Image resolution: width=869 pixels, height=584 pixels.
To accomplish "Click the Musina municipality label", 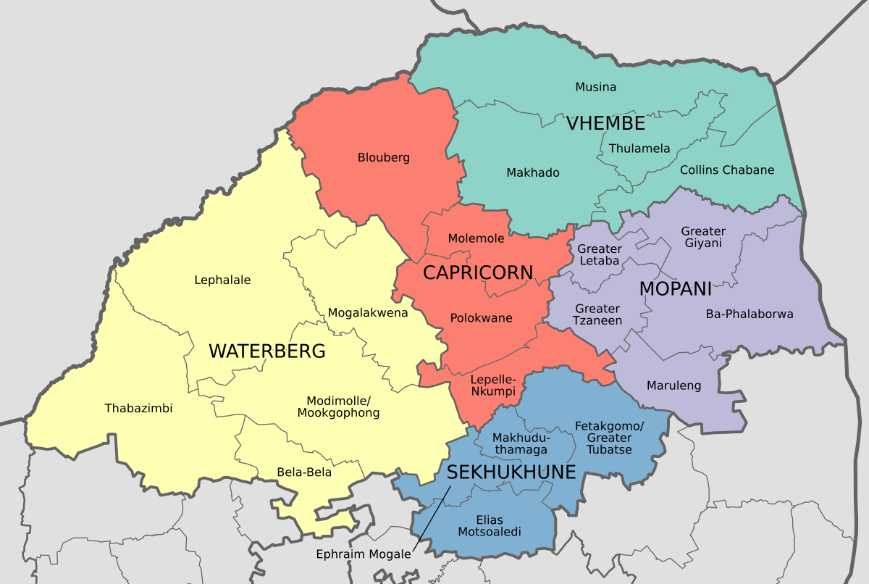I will pos(595,87).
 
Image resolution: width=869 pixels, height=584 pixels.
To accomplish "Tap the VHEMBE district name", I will pos(605,123).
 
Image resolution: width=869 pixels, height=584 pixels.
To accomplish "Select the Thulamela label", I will pos(639,149).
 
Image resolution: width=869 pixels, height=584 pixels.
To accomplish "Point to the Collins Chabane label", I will pos(727,170).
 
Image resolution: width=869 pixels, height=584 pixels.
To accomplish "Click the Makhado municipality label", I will pos(532,172).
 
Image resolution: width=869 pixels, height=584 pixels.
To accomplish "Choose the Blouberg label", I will pos(384,157).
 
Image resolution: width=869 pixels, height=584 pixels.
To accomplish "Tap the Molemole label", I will pos(476,238).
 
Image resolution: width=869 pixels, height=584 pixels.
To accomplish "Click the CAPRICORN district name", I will pos(478,273).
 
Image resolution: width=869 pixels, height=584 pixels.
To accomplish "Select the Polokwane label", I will pos(481,318).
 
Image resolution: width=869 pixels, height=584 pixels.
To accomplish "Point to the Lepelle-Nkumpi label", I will pos(493,385).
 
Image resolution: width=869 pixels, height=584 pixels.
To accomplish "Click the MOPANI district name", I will pos(676,289).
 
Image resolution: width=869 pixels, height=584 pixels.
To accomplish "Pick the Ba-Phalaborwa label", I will pos(750,314).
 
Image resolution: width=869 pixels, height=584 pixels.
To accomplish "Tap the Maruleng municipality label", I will pos(673,385).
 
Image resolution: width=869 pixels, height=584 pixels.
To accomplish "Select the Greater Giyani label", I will pos(702,237).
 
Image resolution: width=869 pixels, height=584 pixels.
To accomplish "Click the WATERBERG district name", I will pos(266,351).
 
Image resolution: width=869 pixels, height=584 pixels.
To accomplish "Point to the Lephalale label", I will pos(222,280).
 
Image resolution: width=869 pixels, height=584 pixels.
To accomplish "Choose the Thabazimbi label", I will pos(138,408).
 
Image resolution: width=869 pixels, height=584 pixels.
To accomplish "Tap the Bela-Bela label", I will pos(304,472).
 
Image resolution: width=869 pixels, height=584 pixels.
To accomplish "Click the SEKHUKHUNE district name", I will pos(511,472).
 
